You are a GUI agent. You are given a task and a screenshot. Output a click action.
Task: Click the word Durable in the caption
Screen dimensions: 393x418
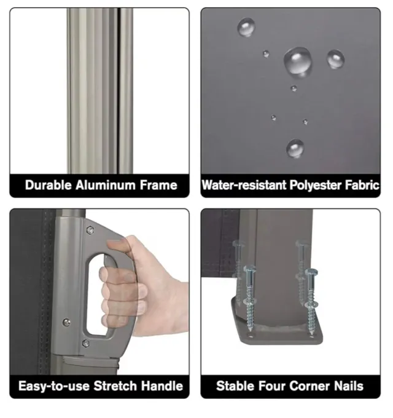48,185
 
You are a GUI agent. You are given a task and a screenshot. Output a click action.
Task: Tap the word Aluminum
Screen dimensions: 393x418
106,185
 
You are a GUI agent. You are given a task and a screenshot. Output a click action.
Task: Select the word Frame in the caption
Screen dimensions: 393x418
158,185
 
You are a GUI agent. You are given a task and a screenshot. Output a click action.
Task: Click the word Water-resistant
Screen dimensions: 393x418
244,185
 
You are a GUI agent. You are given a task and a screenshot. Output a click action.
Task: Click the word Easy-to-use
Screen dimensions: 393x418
54,386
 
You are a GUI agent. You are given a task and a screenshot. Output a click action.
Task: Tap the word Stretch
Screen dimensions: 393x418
115,386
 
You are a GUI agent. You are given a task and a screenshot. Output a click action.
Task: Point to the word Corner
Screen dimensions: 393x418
309,386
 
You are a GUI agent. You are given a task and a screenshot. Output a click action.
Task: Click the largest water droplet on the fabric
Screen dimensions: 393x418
298,61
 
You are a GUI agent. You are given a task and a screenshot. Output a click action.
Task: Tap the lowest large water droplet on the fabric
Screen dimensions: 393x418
295,148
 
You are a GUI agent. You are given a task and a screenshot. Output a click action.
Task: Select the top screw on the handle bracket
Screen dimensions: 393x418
90,230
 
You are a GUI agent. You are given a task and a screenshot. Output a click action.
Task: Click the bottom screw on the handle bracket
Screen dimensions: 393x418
86,344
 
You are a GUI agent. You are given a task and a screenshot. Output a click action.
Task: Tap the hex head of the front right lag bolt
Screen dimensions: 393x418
311,272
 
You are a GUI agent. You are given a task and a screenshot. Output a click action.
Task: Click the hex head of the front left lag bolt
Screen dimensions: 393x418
250,269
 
